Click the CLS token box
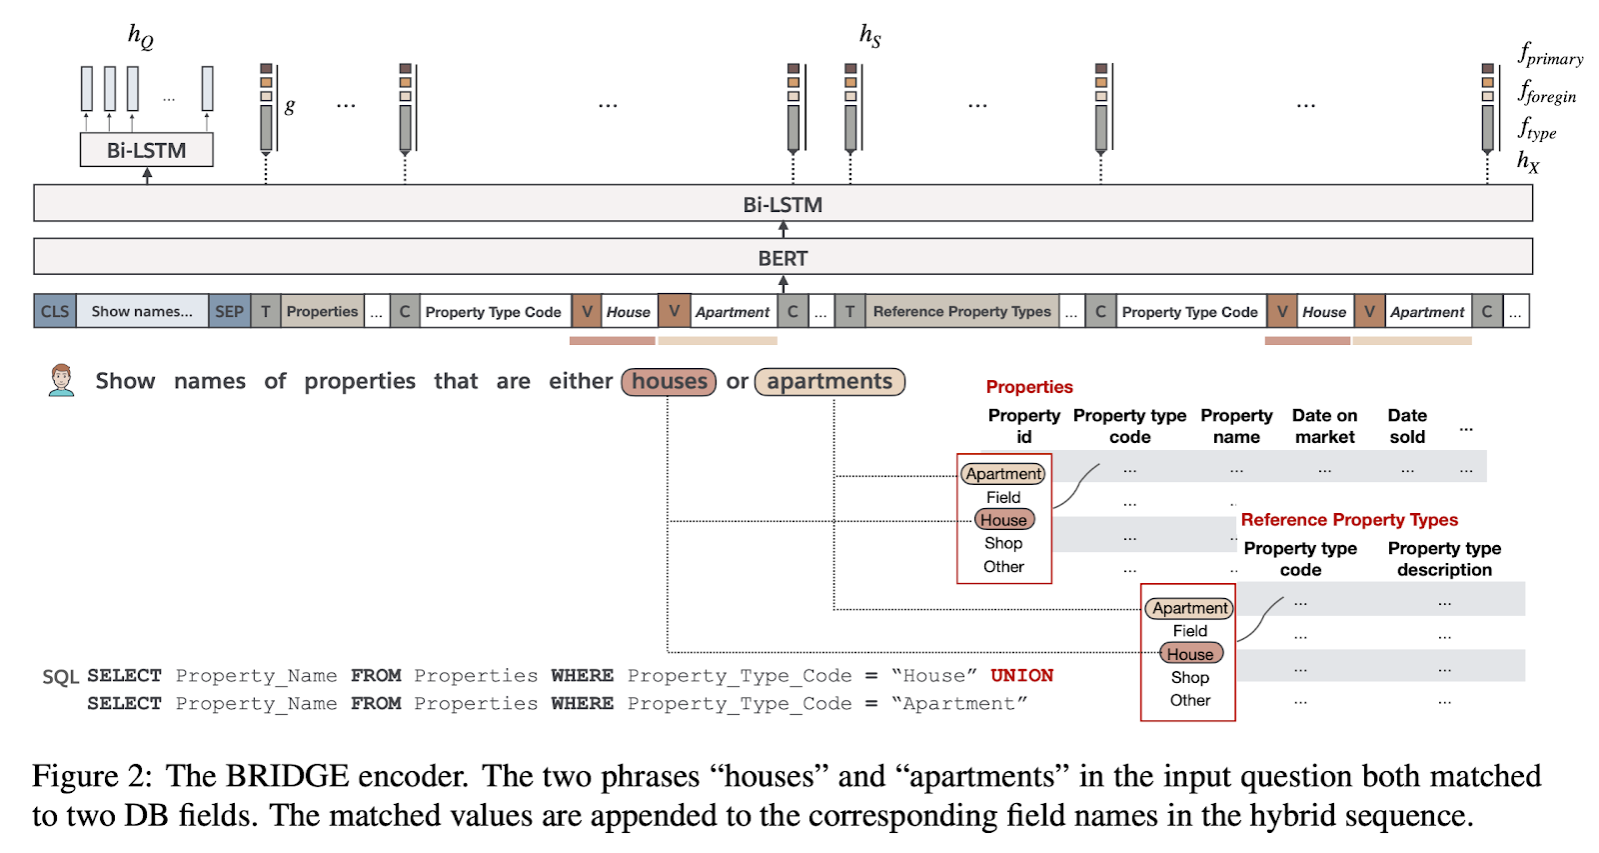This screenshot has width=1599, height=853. click(55, 311)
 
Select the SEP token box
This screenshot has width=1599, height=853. click(229, 311)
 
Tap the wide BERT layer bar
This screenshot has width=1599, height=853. click(783, 257)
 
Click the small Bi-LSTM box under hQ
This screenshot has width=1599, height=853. click(146, 150)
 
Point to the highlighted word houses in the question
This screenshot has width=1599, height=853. click(669, 381)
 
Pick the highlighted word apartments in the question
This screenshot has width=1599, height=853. click(829, 381)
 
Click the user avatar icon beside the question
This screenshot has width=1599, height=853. click(62, 380)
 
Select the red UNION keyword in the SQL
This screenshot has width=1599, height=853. click(1021, 675)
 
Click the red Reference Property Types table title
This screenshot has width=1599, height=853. click(1348, 519)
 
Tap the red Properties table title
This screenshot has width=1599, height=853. click(1028, 387)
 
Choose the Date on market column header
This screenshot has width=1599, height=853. click(1324, 426)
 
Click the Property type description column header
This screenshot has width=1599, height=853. click(1444, 559)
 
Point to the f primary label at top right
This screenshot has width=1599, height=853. click(1550, 54)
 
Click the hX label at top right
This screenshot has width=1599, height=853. click(1528, 160)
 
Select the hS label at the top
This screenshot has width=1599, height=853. click(869, 35)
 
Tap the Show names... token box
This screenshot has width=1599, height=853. click(142, 311)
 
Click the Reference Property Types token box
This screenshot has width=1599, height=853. click(961, 311)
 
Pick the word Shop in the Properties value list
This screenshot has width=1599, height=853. click(1003, 543)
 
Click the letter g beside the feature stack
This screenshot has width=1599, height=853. click(290, 105)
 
